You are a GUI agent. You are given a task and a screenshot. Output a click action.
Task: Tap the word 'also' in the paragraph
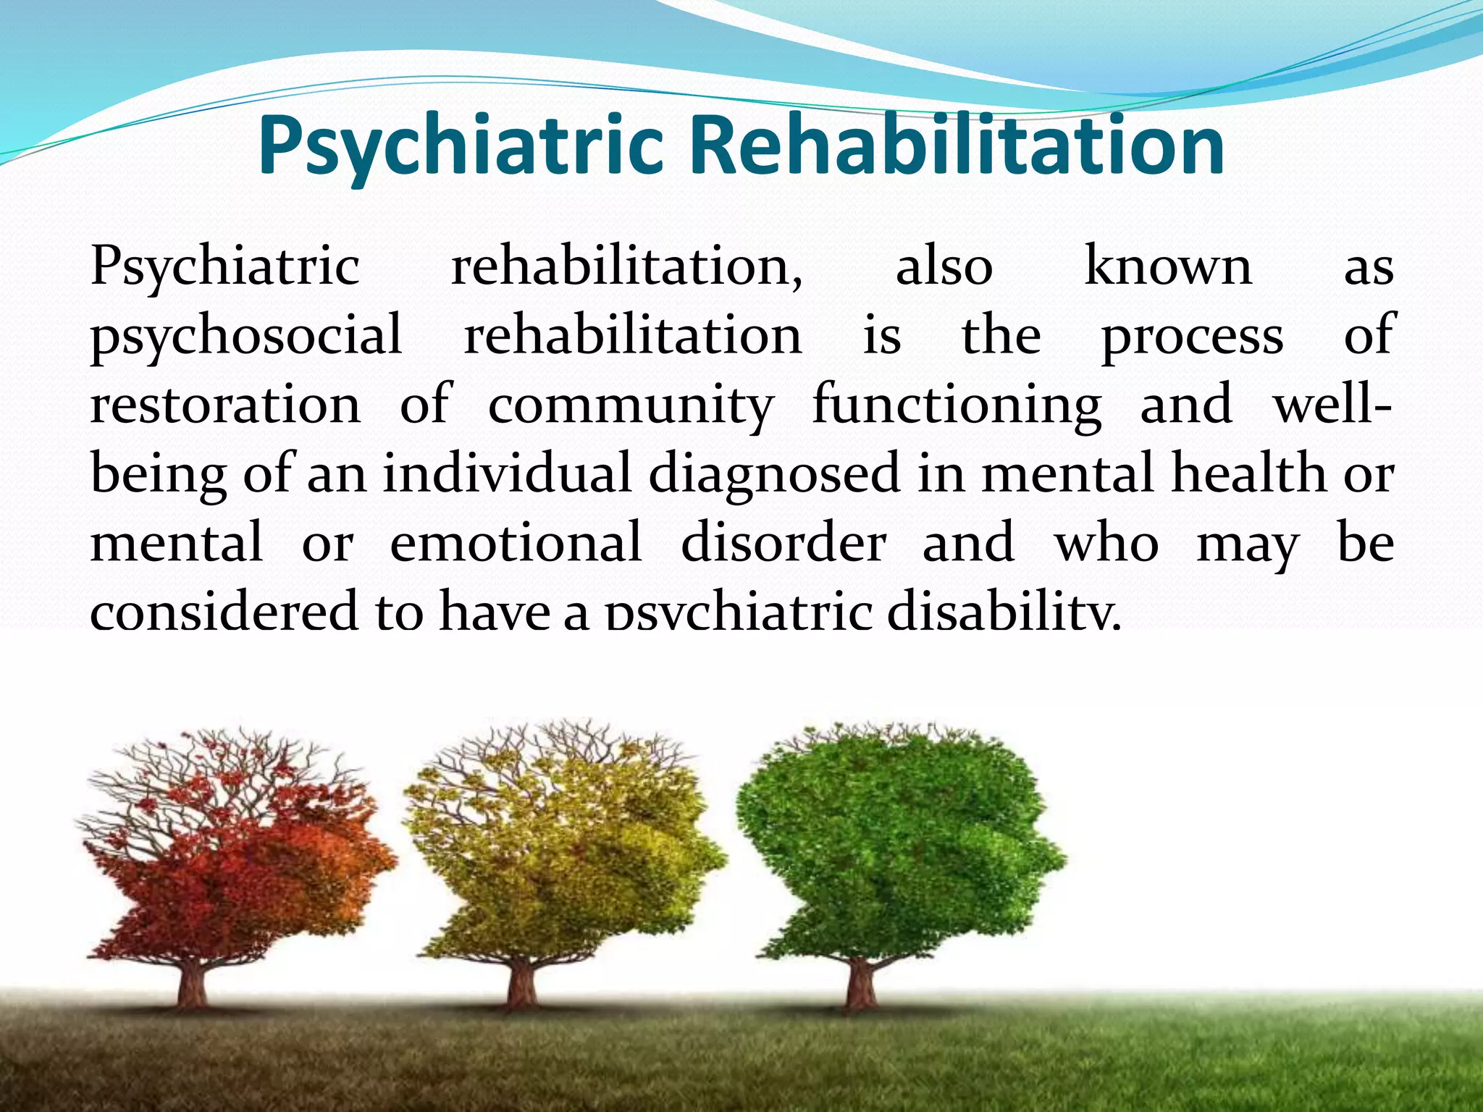944,267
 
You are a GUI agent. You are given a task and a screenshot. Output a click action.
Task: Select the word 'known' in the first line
1167,267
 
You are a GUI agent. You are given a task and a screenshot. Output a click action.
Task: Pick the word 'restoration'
225,405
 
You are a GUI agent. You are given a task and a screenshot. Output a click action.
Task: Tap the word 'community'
631,405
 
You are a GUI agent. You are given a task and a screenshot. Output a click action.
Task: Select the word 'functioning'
957,405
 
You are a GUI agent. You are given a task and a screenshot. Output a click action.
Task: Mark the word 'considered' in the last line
224,610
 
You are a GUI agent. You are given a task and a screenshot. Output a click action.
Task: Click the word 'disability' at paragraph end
1003,610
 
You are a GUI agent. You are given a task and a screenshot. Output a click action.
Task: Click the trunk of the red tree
192,981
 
